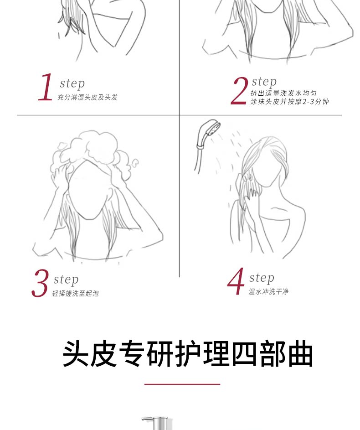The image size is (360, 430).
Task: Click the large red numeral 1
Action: (46, 87)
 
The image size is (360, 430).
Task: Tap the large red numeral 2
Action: (239, 91)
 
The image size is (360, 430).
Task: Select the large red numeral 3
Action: (40, 283)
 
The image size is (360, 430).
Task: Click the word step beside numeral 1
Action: (72, 83)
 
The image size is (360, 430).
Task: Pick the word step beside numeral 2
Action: (264, 82)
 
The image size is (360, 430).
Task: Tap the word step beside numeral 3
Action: (66, 280)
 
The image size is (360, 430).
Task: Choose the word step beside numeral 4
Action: (262, 278)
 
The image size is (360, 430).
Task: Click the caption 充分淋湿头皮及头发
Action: (87, 97)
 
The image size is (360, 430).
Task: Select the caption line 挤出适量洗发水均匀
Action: (283, 93)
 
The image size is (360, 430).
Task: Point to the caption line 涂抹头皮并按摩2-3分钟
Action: (289, 102)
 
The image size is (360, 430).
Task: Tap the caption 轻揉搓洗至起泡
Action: (75, 294)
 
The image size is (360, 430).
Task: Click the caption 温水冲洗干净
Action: (268, 291)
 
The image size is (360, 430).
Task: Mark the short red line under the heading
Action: (182, 384)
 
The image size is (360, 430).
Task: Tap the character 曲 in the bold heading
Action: (300, 354)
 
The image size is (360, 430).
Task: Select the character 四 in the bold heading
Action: (244, 354)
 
